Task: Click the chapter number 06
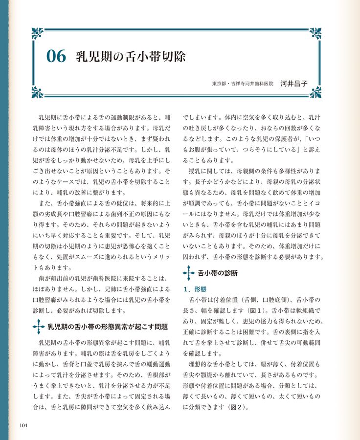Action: tap(56, 57)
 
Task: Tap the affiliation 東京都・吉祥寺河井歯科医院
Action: tap(243, 84)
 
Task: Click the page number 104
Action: tap(23, 425)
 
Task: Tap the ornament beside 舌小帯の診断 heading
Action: tap(188, 273)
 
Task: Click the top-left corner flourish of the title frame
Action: tap(37, 33)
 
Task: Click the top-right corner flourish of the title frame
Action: tap(315, 33)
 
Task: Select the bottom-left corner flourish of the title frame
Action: tap(37, 92)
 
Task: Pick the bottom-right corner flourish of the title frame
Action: tap(315, 92)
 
